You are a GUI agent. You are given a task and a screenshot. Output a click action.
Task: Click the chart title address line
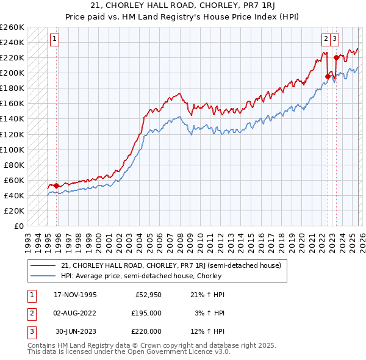pyautogui.click(x=183, y=5)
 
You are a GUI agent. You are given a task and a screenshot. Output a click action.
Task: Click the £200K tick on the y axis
pyautogui.click(x=13, y=73)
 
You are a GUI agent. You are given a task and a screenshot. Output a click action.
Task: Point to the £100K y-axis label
pyautogui.click(x=13, y=149)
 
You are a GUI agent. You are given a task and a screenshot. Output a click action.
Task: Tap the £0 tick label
pyautogui.click(x=18, y=226)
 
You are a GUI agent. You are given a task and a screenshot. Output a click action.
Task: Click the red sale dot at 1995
pyautogui.click(x=57, y=185)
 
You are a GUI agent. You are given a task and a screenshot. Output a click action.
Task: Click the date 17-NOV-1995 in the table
pyautogui.click(x=76, y=295)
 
